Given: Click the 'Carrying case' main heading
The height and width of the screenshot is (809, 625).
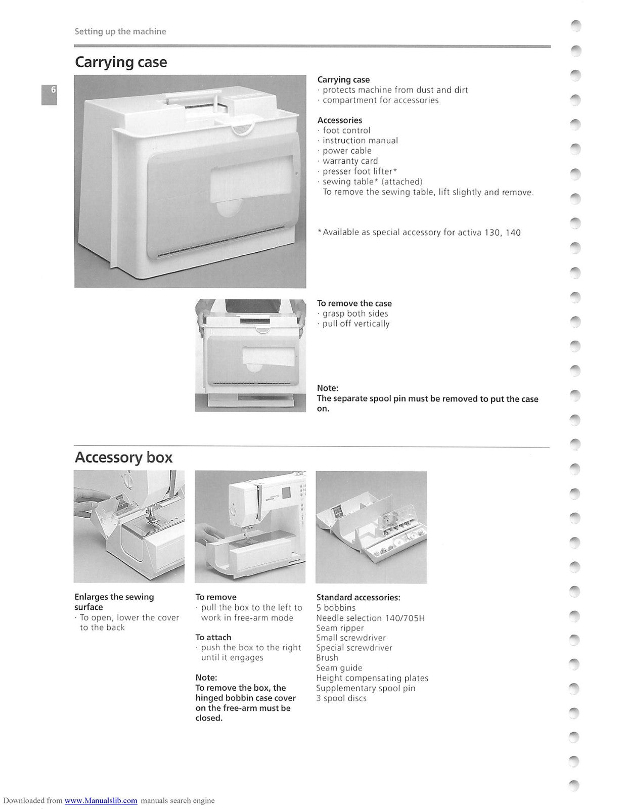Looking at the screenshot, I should coord(121,62).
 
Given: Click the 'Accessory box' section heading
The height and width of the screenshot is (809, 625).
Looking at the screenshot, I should coord(123,457).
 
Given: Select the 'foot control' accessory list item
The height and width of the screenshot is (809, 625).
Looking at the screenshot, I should coord(346,130).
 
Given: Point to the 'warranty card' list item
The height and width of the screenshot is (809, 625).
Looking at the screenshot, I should coord(350,161).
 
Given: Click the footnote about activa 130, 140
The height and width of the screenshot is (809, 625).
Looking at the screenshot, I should coord(419,233).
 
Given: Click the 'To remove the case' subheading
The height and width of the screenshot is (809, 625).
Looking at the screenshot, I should coord(354,303).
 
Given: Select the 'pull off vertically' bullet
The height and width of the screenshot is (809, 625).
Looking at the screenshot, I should coord(356,324).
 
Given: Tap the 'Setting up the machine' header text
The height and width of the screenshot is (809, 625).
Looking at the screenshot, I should coord(120,31).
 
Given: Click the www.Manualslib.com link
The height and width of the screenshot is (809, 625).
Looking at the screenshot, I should coord(101,800).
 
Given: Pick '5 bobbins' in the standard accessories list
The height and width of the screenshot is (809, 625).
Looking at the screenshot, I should coord(336,608).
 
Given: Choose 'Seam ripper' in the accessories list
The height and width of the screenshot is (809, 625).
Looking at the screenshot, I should coord(340,628).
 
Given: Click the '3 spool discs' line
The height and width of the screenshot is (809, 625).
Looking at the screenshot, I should coord(341,698).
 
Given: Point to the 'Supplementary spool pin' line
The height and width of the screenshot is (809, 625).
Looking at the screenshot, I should coord(366,688).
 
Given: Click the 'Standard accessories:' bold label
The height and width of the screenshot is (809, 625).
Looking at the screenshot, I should coord(358,597).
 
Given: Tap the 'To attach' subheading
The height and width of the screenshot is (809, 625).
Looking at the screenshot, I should coord(213,637).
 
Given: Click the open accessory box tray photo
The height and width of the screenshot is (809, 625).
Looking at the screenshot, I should coord(371,527).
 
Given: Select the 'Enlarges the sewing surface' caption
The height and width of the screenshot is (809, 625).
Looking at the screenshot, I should coord(114,602).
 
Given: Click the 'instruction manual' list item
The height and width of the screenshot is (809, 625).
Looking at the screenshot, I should coord(360,141).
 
